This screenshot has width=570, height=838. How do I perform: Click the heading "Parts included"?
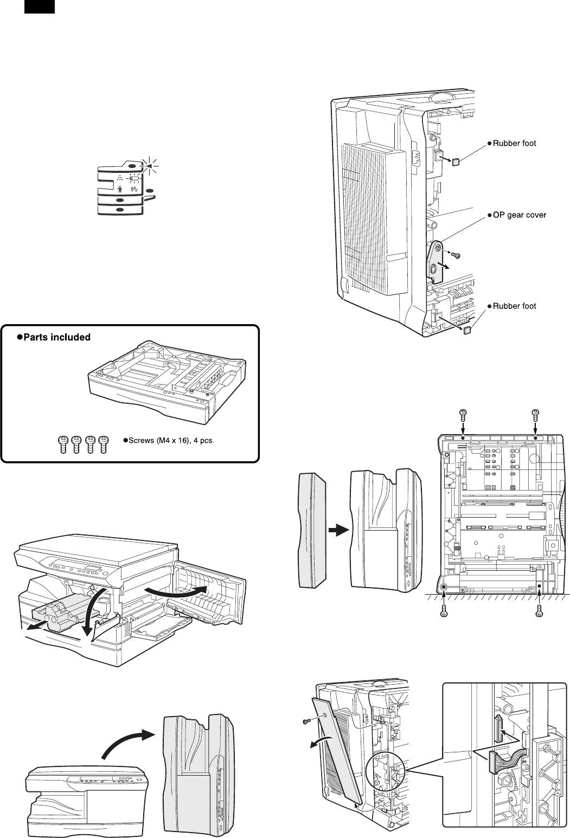tap(53, 337)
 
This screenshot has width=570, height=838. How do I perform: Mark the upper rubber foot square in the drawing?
tap(456, 161)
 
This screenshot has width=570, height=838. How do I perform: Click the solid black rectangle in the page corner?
tap(39, 7)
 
